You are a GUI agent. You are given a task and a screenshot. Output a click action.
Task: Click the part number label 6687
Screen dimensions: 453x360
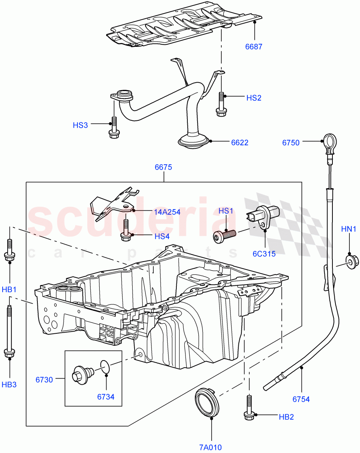click(253, 47)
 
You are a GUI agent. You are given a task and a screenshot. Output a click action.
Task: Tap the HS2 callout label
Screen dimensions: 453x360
click(254, 98)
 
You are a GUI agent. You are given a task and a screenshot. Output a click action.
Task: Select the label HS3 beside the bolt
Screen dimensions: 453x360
click(80, 125)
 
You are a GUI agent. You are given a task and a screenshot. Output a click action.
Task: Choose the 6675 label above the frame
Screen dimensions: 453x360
click(163, 167)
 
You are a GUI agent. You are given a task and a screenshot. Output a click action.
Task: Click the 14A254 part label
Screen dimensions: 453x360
click(167, 212)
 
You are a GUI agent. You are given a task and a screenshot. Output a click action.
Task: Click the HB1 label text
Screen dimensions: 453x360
click(9, 290)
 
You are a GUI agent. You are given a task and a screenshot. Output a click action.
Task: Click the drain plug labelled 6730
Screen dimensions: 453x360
click(81, 374)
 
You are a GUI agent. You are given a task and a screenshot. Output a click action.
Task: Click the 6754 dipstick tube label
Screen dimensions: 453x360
click(300, 399)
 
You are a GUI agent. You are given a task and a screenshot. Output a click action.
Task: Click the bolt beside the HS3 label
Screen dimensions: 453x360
click(113, 128)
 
